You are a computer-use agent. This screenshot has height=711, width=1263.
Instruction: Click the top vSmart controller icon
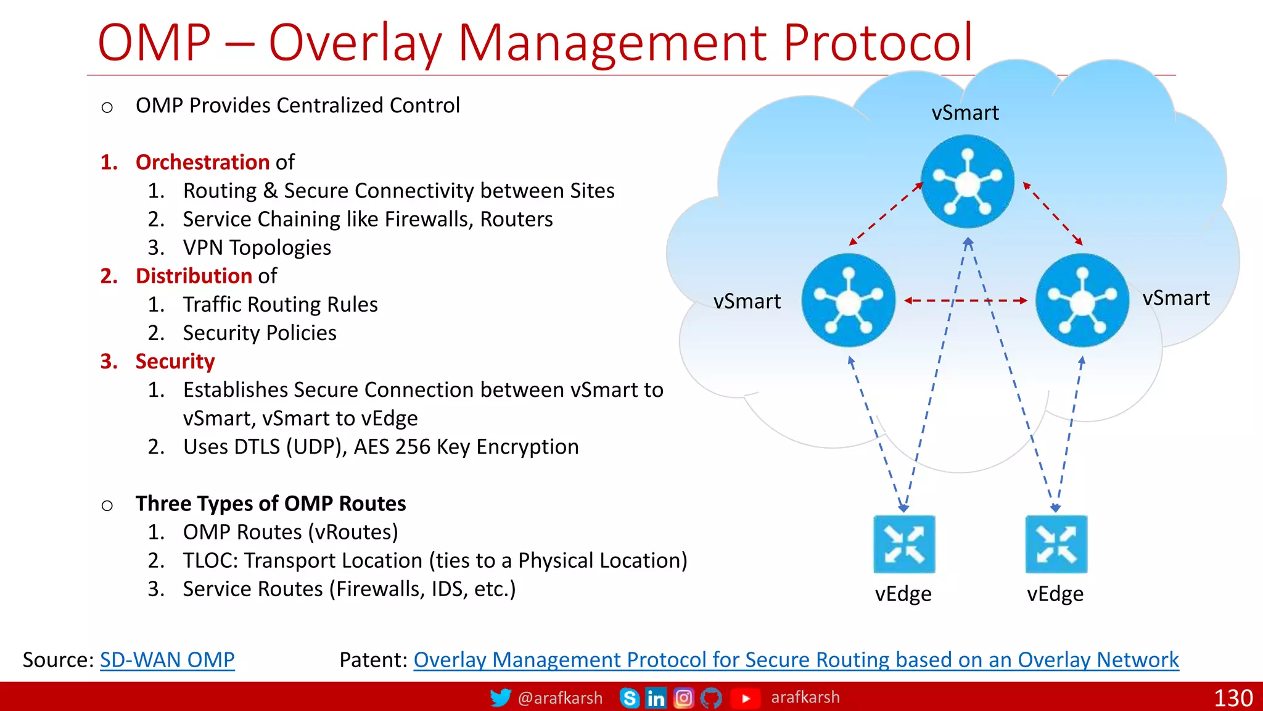tap(967, 181)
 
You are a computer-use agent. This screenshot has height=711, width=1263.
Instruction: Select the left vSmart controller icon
tap(848, 301)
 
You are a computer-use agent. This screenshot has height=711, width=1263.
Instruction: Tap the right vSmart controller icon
tap(1082, 301)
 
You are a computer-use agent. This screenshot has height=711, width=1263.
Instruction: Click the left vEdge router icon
tap(904, 544)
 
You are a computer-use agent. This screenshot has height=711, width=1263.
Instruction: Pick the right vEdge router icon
tap(1056, 544)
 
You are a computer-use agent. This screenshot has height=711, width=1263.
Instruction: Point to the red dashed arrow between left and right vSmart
tap(965, 301)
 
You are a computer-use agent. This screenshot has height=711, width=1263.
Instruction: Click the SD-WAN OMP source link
tap(167, 660)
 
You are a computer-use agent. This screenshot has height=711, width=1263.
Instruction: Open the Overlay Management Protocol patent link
tap(796, 660)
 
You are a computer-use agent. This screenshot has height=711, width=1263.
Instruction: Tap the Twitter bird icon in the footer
tap(500, 698)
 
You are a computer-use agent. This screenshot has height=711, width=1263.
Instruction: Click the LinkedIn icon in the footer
tap(656, 698)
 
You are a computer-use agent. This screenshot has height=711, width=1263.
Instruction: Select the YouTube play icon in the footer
tap(746, 698)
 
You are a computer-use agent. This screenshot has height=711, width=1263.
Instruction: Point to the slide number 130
tap(1233, 698)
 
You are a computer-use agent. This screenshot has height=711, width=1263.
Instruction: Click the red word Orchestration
tap(202, 162)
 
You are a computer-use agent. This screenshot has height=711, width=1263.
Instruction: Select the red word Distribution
tap(194, 276)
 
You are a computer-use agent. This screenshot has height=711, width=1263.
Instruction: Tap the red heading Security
tap(175, 361)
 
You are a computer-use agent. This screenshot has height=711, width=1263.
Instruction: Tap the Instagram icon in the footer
tap(683, 698)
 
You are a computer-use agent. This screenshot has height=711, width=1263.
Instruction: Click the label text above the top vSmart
tap(965, 113)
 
